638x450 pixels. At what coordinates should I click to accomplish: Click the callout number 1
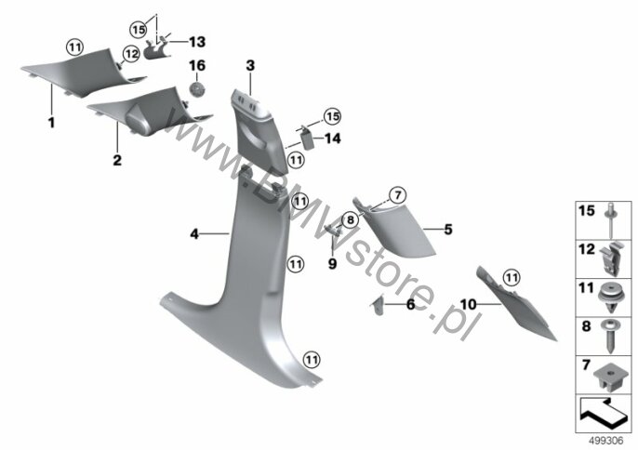point(52,123)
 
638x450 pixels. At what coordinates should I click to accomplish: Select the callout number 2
point(117,160)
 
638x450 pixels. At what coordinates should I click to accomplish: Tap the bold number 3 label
point(250,65)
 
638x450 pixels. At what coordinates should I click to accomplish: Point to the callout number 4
point(194,234)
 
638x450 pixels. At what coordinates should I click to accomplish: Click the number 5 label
point(448,230)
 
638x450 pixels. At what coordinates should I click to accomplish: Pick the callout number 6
point(410,304)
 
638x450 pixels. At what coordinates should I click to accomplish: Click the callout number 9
point(332,264)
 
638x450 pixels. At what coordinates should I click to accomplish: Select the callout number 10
point(468,304)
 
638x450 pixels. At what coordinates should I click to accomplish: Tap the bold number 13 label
point(197,42)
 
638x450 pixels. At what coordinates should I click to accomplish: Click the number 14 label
point(332,139)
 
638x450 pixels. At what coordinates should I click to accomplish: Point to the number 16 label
point(197,65)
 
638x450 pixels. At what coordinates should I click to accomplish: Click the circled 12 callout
point(131,54)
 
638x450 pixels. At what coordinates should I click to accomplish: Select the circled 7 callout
point(398,195)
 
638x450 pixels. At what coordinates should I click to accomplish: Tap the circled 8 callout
point(351,221)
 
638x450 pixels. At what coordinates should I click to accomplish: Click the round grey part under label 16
point(197,89)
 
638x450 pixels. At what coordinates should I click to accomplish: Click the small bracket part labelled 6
point(378,305)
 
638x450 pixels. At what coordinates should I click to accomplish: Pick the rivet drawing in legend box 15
point(611,220)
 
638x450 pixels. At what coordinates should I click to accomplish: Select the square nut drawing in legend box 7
point(609,377)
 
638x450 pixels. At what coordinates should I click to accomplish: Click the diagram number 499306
point(606,441)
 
